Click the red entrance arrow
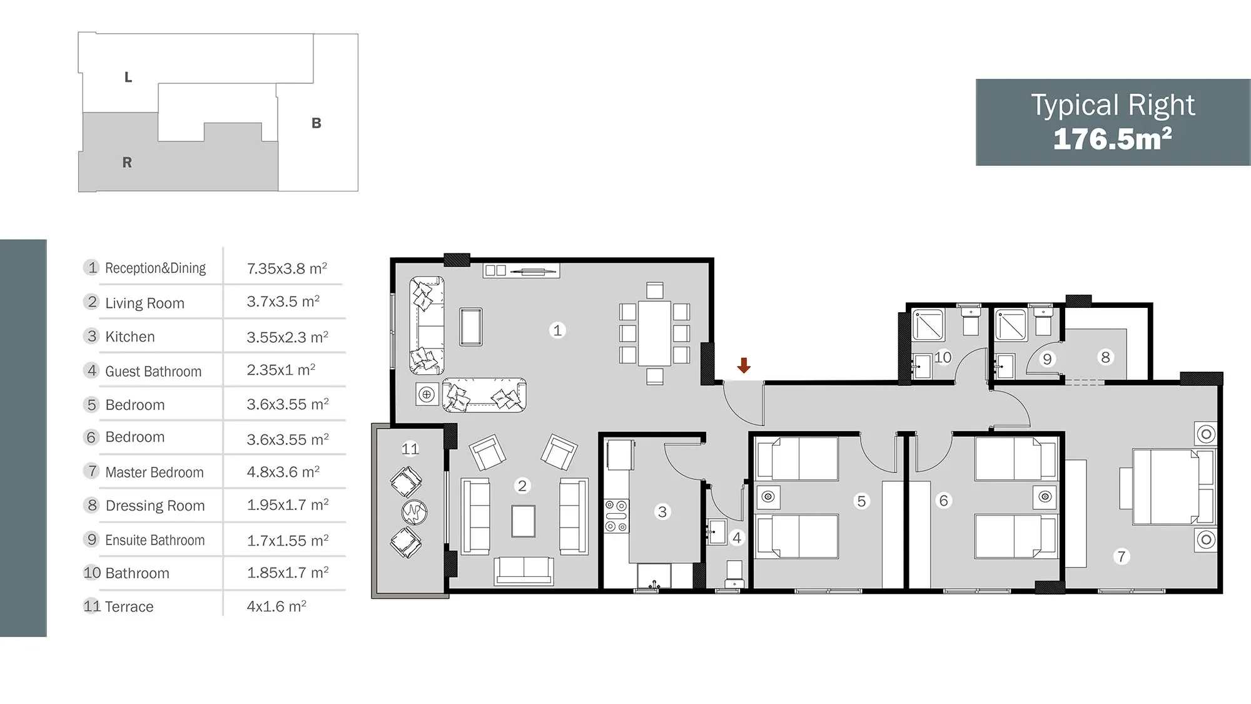744,365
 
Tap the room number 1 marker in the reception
557,330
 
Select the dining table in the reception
655,333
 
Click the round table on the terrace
414,512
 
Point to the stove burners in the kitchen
616,516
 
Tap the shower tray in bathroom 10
928,325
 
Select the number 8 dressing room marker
1106,357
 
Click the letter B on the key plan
317,123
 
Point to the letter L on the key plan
128,78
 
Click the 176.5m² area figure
1113,139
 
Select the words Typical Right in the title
1113,105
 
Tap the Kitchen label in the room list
130,337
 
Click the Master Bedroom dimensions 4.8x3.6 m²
283,471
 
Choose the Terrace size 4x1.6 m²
276,606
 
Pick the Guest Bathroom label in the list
153,371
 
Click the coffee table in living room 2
524,521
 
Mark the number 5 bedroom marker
862,501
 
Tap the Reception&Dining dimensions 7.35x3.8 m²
287,268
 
